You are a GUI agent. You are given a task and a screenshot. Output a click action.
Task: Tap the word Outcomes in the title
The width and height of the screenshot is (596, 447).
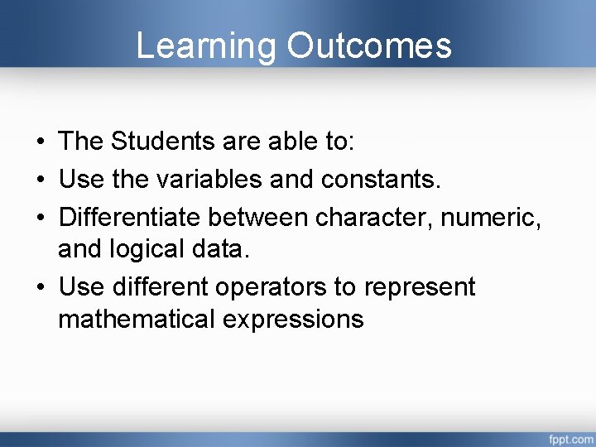[369, 46]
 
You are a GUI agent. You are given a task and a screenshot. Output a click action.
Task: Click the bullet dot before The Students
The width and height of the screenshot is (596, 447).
[40, 142]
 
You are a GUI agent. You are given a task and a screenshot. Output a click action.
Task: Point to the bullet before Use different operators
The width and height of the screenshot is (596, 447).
[40, 288]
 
